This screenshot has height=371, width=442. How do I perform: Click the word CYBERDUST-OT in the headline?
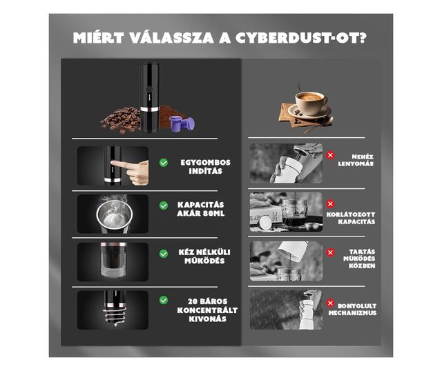301,37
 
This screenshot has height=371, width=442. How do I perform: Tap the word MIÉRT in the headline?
99,37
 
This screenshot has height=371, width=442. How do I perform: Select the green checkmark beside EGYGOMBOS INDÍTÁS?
164,163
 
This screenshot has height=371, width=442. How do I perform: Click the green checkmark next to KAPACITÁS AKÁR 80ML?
164,205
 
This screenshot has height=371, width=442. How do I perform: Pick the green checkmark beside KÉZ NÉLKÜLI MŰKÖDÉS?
164,253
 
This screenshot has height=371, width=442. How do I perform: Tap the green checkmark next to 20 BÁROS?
164,300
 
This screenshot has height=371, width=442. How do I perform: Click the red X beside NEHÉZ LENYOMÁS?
330,155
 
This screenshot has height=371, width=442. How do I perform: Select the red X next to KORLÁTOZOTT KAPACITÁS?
330,203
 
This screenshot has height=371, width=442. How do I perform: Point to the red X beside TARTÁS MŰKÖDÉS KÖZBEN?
330,252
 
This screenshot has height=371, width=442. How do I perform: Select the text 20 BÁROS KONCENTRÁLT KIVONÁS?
207,310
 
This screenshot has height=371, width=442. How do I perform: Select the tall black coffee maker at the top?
150,97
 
